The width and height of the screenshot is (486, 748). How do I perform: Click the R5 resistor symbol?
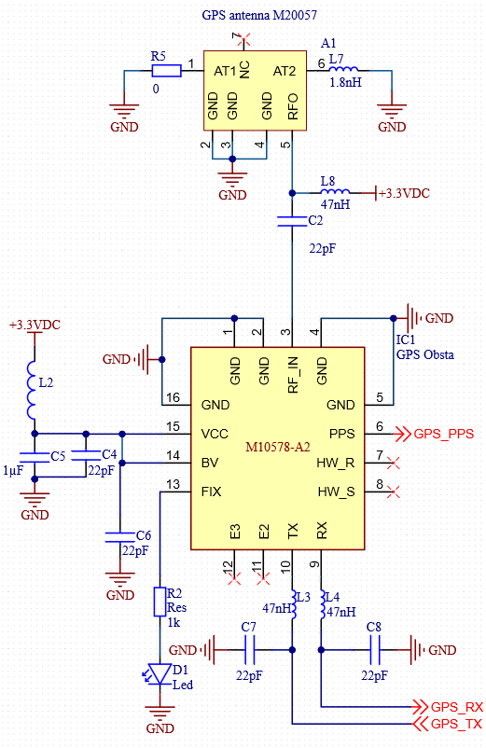[166, 71]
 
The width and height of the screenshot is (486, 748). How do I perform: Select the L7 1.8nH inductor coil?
[343, 69]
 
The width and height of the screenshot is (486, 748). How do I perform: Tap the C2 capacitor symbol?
[292, 221]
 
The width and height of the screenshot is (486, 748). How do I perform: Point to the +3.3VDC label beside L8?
[404, 193]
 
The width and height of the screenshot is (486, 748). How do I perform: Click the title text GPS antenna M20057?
[259, 15]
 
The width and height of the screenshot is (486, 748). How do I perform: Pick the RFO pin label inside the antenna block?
[293, 106]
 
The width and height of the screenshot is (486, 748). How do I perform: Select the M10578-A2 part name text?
[278, 447]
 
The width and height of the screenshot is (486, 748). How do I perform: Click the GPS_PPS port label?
[443, 434]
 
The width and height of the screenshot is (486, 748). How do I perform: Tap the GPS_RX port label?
[456, 707]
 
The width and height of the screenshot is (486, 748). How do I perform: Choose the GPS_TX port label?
[456, 724]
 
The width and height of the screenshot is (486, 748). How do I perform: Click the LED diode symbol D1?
[160, 674]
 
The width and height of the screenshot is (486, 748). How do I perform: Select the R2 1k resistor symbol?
[160, 602]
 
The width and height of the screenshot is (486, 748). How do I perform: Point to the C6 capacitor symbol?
[119, 537]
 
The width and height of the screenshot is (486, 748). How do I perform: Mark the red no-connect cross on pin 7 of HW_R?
[394, 463]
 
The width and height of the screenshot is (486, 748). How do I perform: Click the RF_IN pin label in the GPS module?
[293, 375]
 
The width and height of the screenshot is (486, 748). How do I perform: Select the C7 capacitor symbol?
[249, 650]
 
